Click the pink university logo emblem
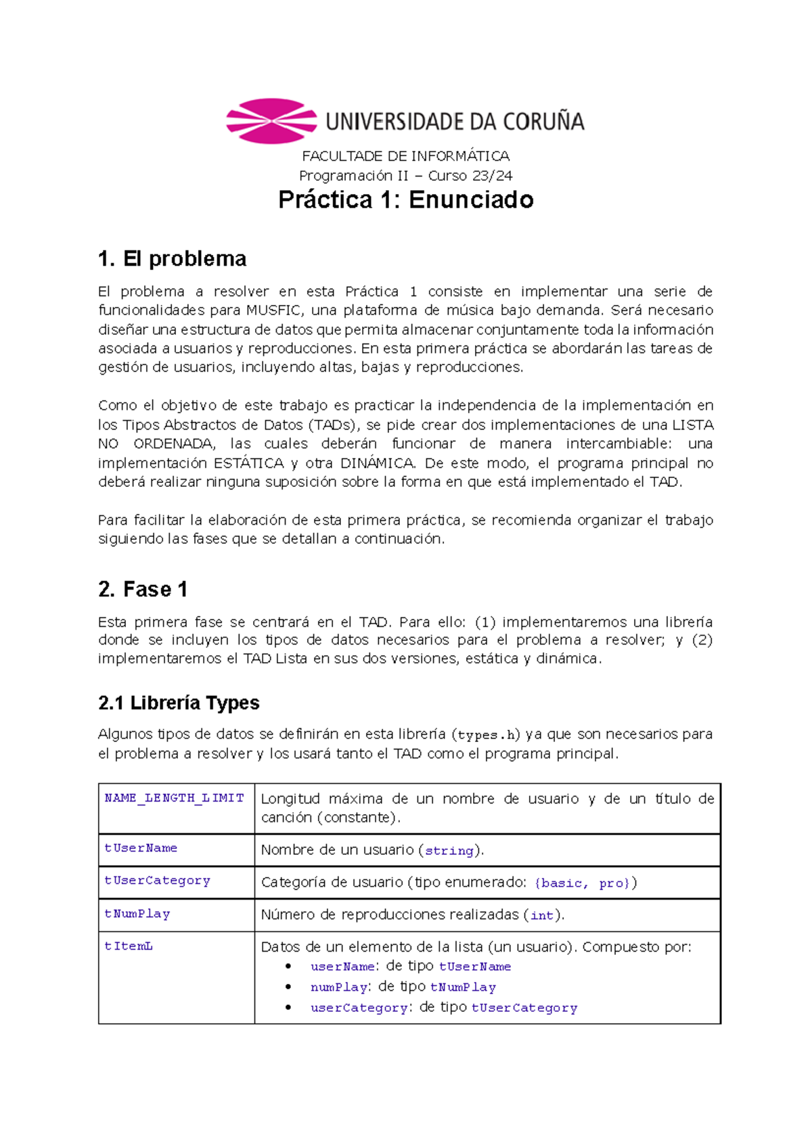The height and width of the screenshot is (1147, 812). pyautogui.click(x=271, y=121)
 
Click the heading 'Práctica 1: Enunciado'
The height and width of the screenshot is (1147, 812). pyautogui.click(x=406, y=200)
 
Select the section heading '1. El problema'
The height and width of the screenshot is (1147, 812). pyautogui.click(x=172, y=259)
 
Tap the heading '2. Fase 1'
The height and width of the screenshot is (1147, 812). pyautogui.click(x=143, y=589)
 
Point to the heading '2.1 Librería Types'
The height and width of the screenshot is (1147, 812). pyautogui.click(x=179, y=703)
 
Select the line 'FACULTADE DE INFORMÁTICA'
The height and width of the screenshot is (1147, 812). pyautogui.click(x=406, y=156)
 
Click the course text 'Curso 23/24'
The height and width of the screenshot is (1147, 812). pyautogui.click(x=470, y=176)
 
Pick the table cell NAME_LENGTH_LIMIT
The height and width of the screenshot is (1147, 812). pyautogui.click(x=174, y=798)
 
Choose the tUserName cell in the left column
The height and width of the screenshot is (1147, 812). pyautogui.click(x=141, y=848)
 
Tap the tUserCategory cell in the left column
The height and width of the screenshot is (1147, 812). pyautogui.click(x=157, y=881)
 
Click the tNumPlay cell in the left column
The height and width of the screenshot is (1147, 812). pyautogui.click(x=137, y=914)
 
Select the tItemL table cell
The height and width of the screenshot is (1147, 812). pyautogui.click(x=129, y=946)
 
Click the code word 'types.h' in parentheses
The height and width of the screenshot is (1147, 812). pyautogui.click(x=487, y=735)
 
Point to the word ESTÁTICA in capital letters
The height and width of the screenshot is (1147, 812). pyautogui.click(x=248, y=463)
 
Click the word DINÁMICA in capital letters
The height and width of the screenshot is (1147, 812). pyautogui.click(x=377, y=463)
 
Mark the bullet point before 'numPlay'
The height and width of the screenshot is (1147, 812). pyautogui.click(x=288, y=987)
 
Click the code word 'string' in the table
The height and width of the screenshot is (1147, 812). pyautogui.click(x=449, y=851)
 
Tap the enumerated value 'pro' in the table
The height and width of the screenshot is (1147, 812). pyautogui.click(x=612, y=883)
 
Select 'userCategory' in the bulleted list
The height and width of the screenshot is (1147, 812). pyautogui.click(x=359, y=1008)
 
